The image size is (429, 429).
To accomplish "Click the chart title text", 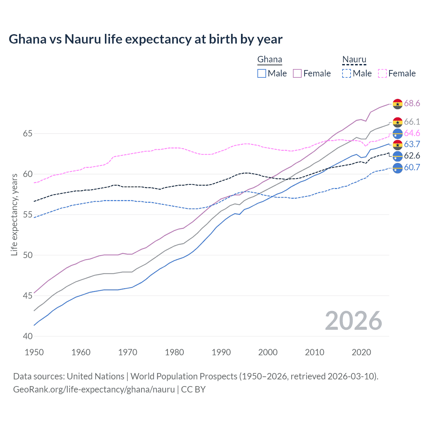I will (145, 39).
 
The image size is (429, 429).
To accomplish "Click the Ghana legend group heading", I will (269, 60).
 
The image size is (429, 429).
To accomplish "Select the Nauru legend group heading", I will (354, 60).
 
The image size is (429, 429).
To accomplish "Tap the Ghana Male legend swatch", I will (262, 73).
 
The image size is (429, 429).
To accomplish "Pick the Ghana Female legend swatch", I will (297, 73).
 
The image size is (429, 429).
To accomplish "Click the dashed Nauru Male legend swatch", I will (347, 73).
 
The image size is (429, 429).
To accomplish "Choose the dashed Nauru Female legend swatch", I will (382, 73).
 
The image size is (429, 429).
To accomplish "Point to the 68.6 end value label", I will (412, 104).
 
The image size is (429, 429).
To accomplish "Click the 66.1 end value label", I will (412, 122).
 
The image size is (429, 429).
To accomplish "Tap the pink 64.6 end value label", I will (412, 133).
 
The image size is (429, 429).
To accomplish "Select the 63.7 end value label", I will (412, 144).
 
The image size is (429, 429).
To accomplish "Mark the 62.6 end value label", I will (412, 156).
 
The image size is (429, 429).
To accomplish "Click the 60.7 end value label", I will (412, 168).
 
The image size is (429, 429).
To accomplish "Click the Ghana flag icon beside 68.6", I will (397, 104).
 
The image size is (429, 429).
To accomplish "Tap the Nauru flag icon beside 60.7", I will (397, 168).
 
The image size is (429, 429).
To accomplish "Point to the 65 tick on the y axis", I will (27, 134).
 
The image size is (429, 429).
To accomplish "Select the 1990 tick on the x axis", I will (221, 352).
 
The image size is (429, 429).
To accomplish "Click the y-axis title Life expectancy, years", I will (14, 214).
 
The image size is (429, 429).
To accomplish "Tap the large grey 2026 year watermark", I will (354, 321).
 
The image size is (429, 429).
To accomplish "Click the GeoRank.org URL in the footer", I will (94, 389).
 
